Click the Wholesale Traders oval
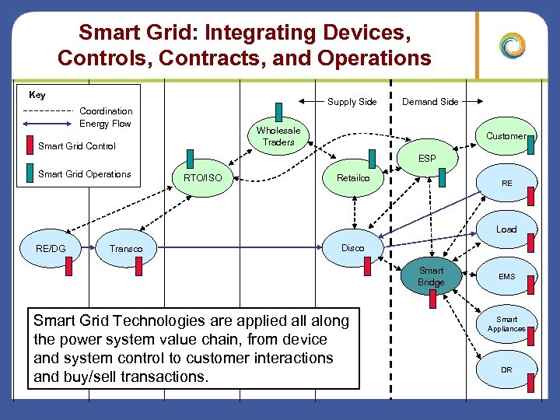point(278,136)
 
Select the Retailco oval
point(353,179)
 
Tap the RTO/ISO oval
point(202,179)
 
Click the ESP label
point(427,159)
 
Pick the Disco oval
point(352,248)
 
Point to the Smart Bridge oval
point(431,276)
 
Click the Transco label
point(126,249)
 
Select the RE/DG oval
point(51,248)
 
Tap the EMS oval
point(506,276)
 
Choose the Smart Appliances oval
point(506,324)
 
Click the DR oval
point(506,369)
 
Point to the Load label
point(506,229)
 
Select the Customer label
point(506,136)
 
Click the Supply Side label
point(352,102)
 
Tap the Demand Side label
point(430,102)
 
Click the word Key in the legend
point(37,95)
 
